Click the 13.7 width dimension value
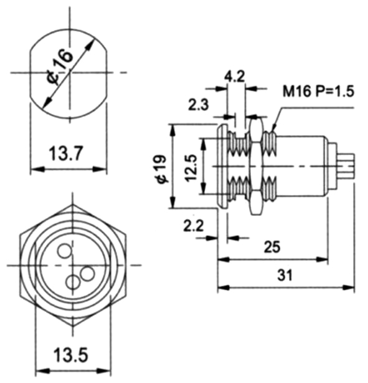(x=66, y=153)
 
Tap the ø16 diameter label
(x=60, y=67)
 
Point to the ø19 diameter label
(x=163, y=169)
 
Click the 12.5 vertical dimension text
(x=191, y=168)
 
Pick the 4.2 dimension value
(x=234, y=77)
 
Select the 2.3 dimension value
(x=198, y=105)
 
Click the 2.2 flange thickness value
(x=194, y=226)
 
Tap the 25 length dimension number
(x=272, y=247)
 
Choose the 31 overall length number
(x=285, y=275)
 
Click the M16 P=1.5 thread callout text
(x=318, y=92)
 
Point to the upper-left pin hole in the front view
(x=64, y=251)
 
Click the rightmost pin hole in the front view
(x=87, y=274)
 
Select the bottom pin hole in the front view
(x=73, y=282)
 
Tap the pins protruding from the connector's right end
(x=345, y=167)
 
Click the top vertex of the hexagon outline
(x=72, y=205)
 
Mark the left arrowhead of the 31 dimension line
(x=223, y=288)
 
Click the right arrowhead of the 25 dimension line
(x=322, y=259)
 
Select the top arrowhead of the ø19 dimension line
(x=172, y=130)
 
